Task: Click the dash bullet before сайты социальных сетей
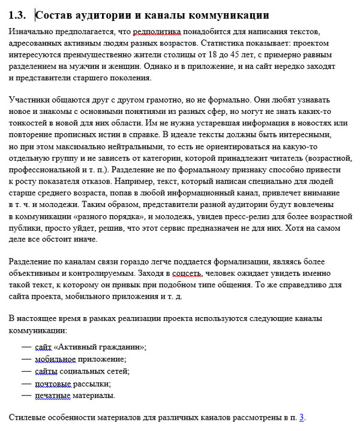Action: tap(26, 371)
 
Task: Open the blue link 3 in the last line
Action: tap(302, 418)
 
